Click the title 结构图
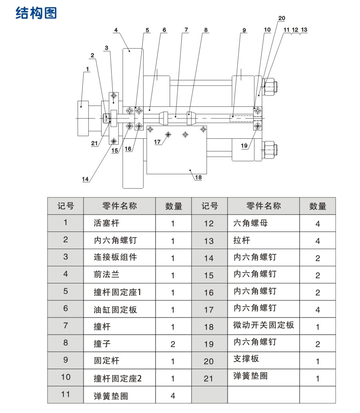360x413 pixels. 36,13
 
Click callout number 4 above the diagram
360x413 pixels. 116,30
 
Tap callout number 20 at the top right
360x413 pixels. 282,18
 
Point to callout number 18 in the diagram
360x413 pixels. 198,178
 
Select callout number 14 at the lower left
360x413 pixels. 85,180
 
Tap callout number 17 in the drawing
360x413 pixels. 157,142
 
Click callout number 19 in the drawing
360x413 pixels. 244,146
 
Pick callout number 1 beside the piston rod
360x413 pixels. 87,69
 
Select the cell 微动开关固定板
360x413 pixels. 263,325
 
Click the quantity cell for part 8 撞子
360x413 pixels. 173,344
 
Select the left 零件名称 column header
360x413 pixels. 119,206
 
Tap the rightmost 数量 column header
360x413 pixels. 318,206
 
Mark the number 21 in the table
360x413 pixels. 209,378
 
